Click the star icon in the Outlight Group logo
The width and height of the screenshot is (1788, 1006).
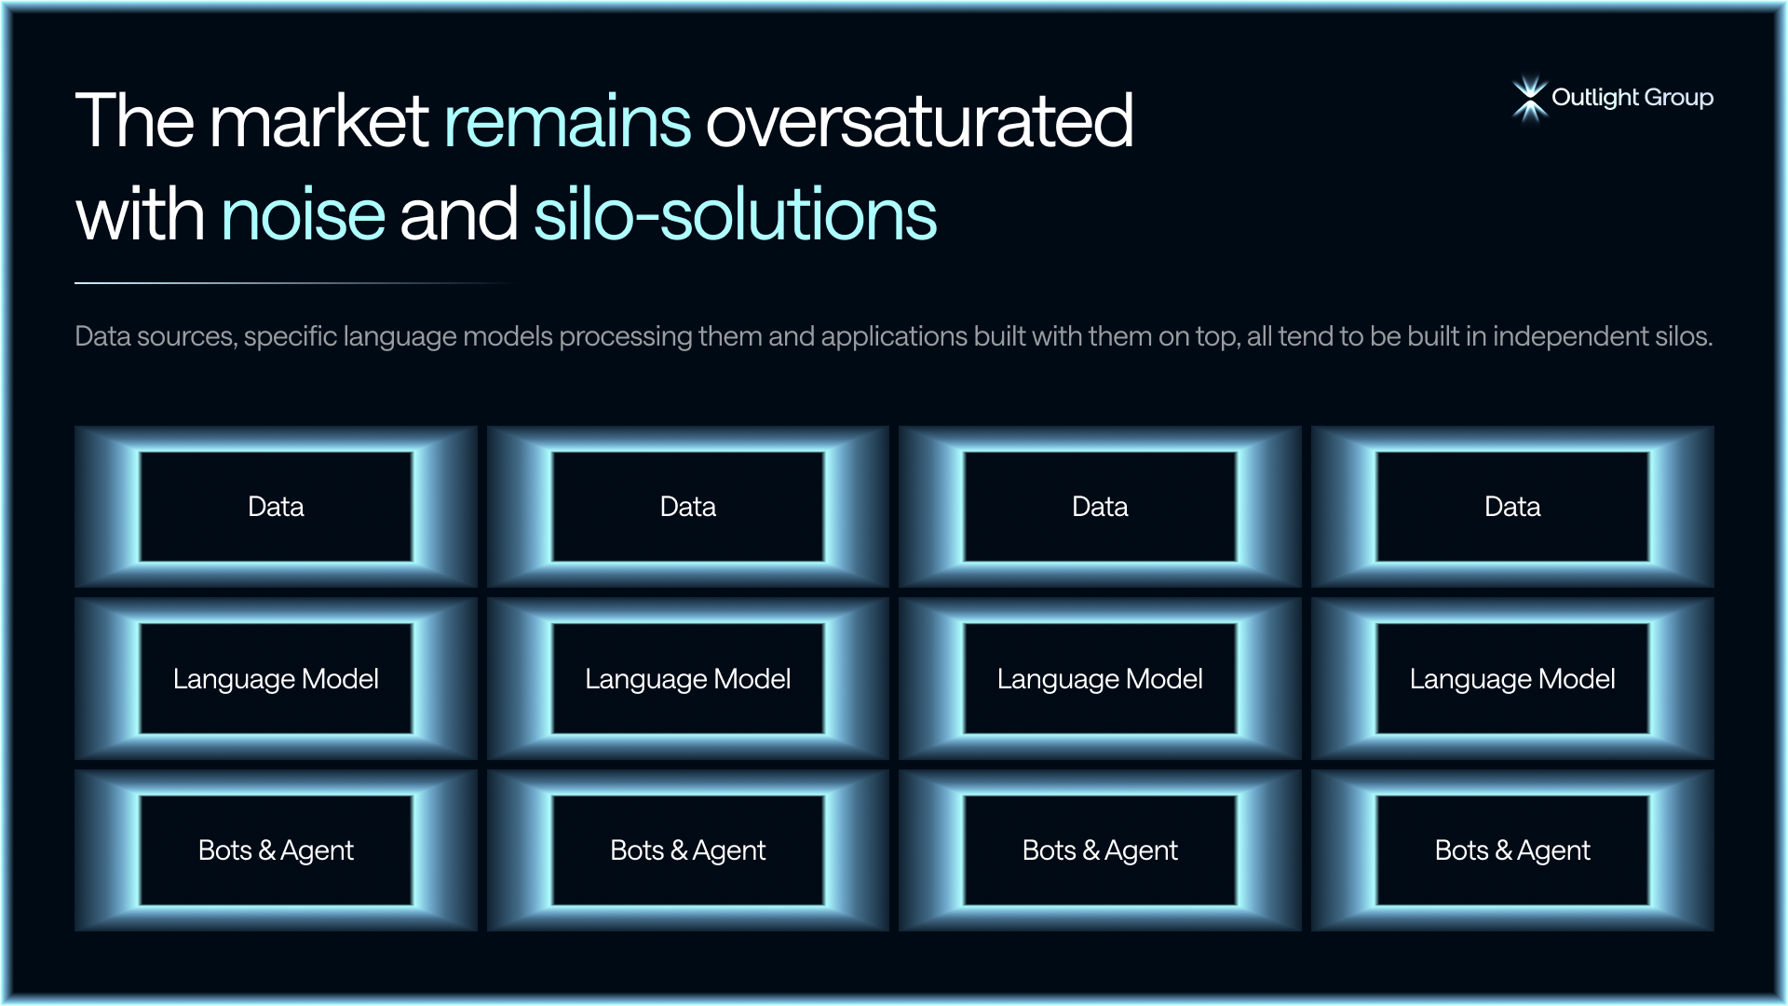(1529, 99)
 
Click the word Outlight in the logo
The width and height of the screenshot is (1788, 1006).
(1594, 98)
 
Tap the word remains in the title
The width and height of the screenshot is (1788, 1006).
(567, 121)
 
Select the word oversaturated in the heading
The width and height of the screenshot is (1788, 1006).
(919, 121)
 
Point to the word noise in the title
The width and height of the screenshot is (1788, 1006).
(304, 214)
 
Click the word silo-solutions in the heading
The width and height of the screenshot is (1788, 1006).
(735, 214)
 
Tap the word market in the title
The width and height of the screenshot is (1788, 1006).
(319, 121)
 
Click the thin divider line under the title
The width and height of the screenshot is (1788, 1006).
(294, 282)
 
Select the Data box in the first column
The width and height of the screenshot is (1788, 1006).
(276, 507)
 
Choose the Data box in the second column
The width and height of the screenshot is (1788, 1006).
(688, 507)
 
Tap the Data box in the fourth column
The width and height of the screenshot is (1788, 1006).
(1512, 507)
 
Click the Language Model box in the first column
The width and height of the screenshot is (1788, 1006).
(276, 678)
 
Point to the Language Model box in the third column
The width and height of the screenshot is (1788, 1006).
(1100, 678)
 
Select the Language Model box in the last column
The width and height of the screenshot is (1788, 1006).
(1512, 678)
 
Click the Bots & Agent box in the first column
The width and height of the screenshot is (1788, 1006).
(276, 850)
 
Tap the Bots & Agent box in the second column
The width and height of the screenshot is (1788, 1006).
(688, 850)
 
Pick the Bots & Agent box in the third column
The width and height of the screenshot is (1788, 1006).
(1100, 850)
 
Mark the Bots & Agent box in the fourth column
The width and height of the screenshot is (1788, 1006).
(1512, 850)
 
